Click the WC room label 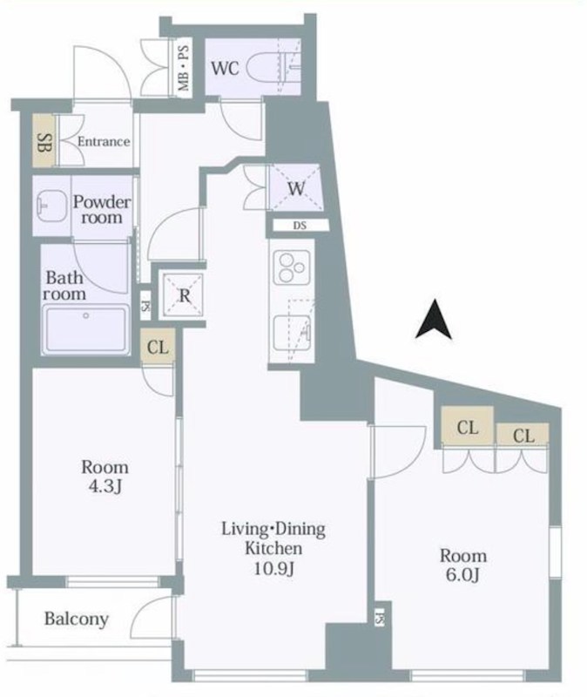click(x=225, y=68)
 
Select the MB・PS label click(x=184, y=69)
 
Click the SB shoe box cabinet click(x=44, y=141)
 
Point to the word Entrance click(x=104, y=142)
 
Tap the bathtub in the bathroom click(x=85, y=328)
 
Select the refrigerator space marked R click(x=183, y=295)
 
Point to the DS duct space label click(x=300, y=226)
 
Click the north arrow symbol click(x=434, y=319)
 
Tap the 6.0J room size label click(x=462, y=575)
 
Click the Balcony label click(x=77, y=619)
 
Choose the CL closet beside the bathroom click(x=158, y=347)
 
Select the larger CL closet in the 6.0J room click(x=467, y=425)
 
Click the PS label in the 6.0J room click(x=379, y=619)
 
